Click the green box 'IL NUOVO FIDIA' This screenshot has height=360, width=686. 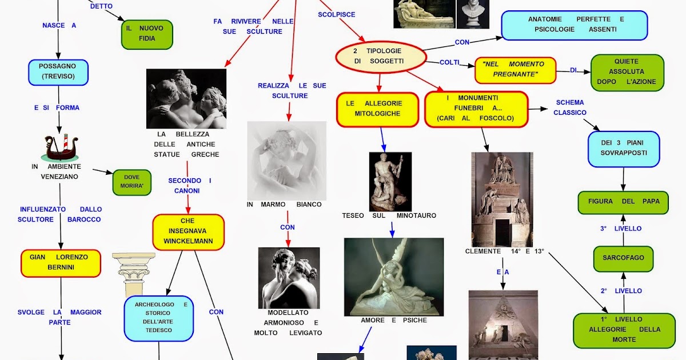(x=147, y=34)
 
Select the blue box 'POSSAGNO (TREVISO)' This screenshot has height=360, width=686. (x=58, y=72)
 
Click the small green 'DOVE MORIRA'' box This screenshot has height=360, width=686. (x=131, y=182)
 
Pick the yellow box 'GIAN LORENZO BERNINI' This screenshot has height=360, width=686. (x=61, y=263)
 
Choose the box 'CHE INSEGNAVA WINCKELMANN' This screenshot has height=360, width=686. (x=188, y=231)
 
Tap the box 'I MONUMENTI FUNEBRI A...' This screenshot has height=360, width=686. (x=476, y=109)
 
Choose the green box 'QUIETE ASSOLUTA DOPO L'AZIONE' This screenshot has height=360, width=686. (x=627, y=72)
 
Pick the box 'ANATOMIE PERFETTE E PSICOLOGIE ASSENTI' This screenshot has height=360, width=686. (x=574, y=25)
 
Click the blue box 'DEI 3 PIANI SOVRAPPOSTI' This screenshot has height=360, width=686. (x=623, y=149)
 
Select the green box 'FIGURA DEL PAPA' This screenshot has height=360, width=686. (x=623, y=202)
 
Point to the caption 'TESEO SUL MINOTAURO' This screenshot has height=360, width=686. (x=389, y=216)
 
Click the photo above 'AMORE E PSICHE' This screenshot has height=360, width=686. (x=393, y=277)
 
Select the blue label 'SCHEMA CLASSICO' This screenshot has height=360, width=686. (x=570, y=108)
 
